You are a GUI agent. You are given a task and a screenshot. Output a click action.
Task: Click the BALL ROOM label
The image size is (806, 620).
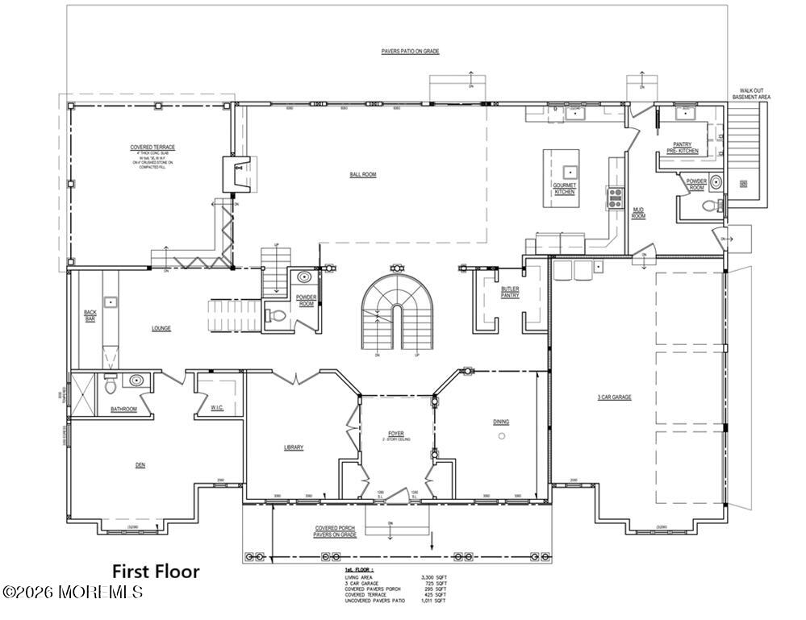(x=362, y=174)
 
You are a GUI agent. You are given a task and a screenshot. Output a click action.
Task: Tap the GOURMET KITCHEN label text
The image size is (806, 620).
(x=564, y=188)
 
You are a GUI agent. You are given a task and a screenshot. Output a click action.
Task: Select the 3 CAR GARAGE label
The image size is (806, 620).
(x=615, y=397)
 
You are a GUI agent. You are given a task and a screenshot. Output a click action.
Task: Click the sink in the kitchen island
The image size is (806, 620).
(x=569, y=170)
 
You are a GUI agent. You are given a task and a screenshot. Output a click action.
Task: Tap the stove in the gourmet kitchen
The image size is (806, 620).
(x=615, y=198)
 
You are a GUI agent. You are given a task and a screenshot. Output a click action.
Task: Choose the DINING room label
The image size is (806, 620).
(x=501, y=422)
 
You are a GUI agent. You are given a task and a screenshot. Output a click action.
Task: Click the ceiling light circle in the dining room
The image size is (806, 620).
(x=501, y=436)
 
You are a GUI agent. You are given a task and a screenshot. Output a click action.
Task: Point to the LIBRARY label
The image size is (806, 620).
(x=293, y=447)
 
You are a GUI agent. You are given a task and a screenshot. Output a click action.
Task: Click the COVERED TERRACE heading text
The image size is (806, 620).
(x=152, y=147)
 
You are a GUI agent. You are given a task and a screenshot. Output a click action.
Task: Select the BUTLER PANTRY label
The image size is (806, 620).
(x=509, y=292)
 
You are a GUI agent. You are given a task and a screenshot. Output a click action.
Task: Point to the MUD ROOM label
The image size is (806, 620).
(x=638, y=214)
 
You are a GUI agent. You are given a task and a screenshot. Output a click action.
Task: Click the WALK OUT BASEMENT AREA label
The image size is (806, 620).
(x=750, y=94)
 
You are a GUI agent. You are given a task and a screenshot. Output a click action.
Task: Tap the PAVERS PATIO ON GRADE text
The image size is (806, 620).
(x=410, y=52)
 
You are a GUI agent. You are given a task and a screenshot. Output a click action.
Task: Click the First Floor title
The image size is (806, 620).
(x=156, y=571)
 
